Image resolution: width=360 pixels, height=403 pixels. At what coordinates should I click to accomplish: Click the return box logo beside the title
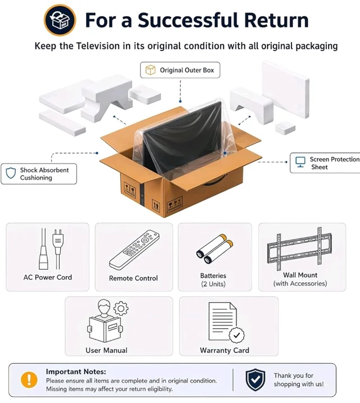click(x=60, y=20)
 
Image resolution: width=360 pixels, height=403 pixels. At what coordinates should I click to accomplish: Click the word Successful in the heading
click(x=188, y=20)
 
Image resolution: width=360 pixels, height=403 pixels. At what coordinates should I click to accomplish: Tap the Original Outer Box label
click(x=180, y=70)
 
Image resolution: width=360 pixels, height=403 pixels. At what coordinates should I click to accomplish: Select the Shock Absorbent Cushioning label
click(x=39, y=174)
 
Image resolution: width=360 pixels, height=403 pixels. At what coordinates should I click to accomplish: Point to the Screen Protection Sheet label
click(x=325, y=163)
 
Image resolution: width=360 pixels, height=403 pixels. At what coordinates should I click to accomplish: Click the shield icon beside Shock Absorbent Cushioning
click(x=11, y=173)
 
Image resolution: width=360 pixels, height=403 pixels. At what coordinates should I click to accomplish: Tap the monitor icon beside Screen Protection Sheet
click(x=300, y=162)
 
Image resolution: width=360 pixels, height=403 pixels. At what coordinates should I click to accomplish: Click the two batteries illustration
click(x=215, y=249)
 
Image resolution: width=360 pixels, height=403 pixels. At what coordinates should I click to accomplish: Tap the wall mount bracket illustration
click(x=299, y=248)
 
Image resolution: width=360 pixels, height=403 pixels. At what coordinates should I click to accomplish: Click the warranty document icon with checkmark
click(x=226, y=323)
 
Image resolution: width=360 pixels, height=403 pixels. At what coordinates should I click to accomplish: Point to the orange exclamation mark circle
click(x=29, y=379)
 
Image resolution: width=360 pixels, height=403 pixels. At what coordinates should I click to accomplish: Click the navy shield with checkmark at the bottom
click(x=255, y=379)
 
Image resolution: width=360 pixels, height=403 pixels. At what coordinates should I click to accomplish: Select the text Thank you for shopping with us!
click(x=299, y=379)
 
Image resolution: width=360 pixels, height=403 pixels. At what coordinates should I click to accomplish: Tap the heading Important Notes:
click(x=76, y=372)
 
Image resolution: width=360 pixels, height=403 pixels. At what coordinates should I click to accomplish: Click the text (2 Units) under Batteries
click(x=213, y=284)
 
